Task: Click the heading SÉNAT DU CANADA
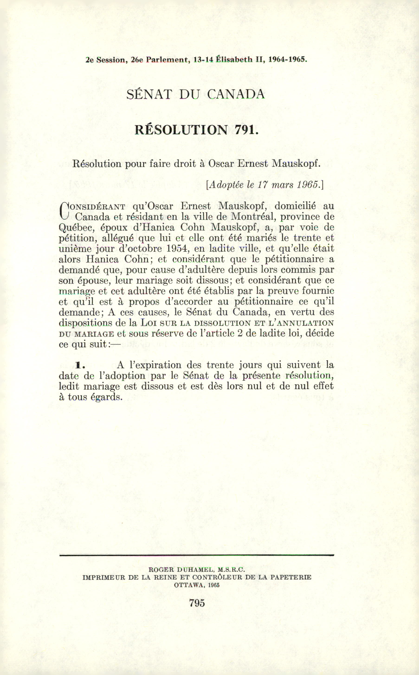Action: [x=195, y=94]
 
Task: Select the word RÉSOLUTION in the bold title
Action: [x=181, y=130]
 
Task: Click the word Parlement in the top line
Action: [x=167, y=60]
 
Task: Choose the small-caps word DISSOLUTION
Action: [x=222, y=323]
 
